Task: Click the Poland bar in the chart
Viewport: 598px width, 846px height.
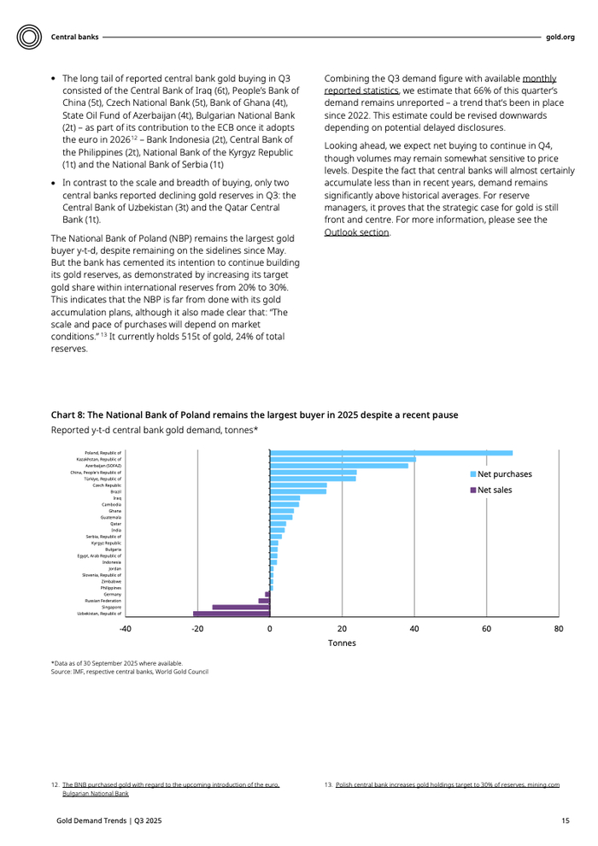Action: tap(391, 453)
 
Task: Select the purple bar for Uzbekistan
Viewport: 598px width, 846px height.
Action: tap(231, 614)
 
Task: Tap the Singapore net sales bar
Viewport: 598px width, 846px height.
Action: tap(241, 608)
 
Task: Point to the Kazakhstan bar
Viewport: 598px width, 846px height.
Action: tap(343, 459)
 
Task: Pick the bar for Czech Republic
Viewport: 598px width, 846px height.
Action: tap(298, 485)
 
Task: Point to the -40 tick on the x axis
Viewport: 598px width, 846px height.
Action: tap(126, 629)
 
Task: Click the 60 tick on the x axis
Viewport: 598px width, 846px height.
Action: tap(487, 629)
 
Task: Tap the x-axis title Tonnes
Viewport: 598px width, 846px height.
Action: tap(342, 643)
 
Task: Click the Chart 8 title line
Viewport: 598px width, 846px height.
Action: tap(255, 415)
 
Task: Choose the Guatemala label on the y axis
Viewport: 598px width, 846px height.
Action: tap(111, 517)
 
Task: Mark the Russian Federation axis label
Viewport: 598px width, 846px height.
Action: tap(103, 601)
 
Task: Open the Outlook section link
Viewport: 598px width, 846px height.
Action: tap(356, 232)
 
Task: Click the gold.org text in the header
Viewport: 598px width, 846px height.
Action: tap(560, 38)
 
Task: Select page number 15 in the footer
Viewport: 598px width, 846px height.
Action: tap(566, 820)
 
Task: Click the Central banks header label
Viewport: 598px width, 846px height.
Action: tap(74, 38)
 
